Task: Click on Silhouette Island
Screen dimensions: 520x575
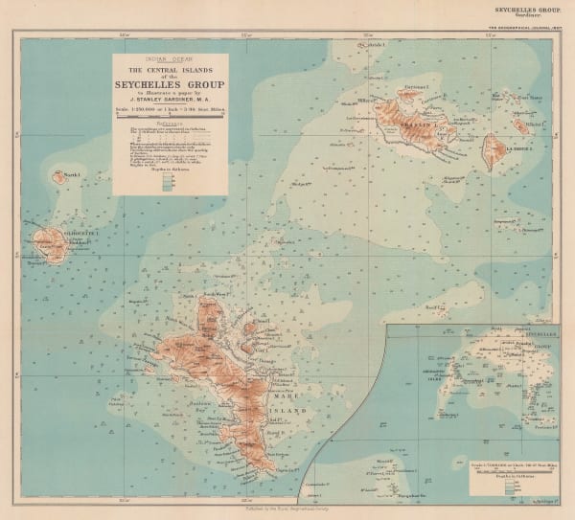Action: [x=46, y=238]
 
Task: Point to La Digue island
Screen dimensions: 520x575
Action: [x=492, y=152]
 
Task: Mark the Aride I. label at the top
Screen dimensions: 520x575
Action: [x=374, y=45]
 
